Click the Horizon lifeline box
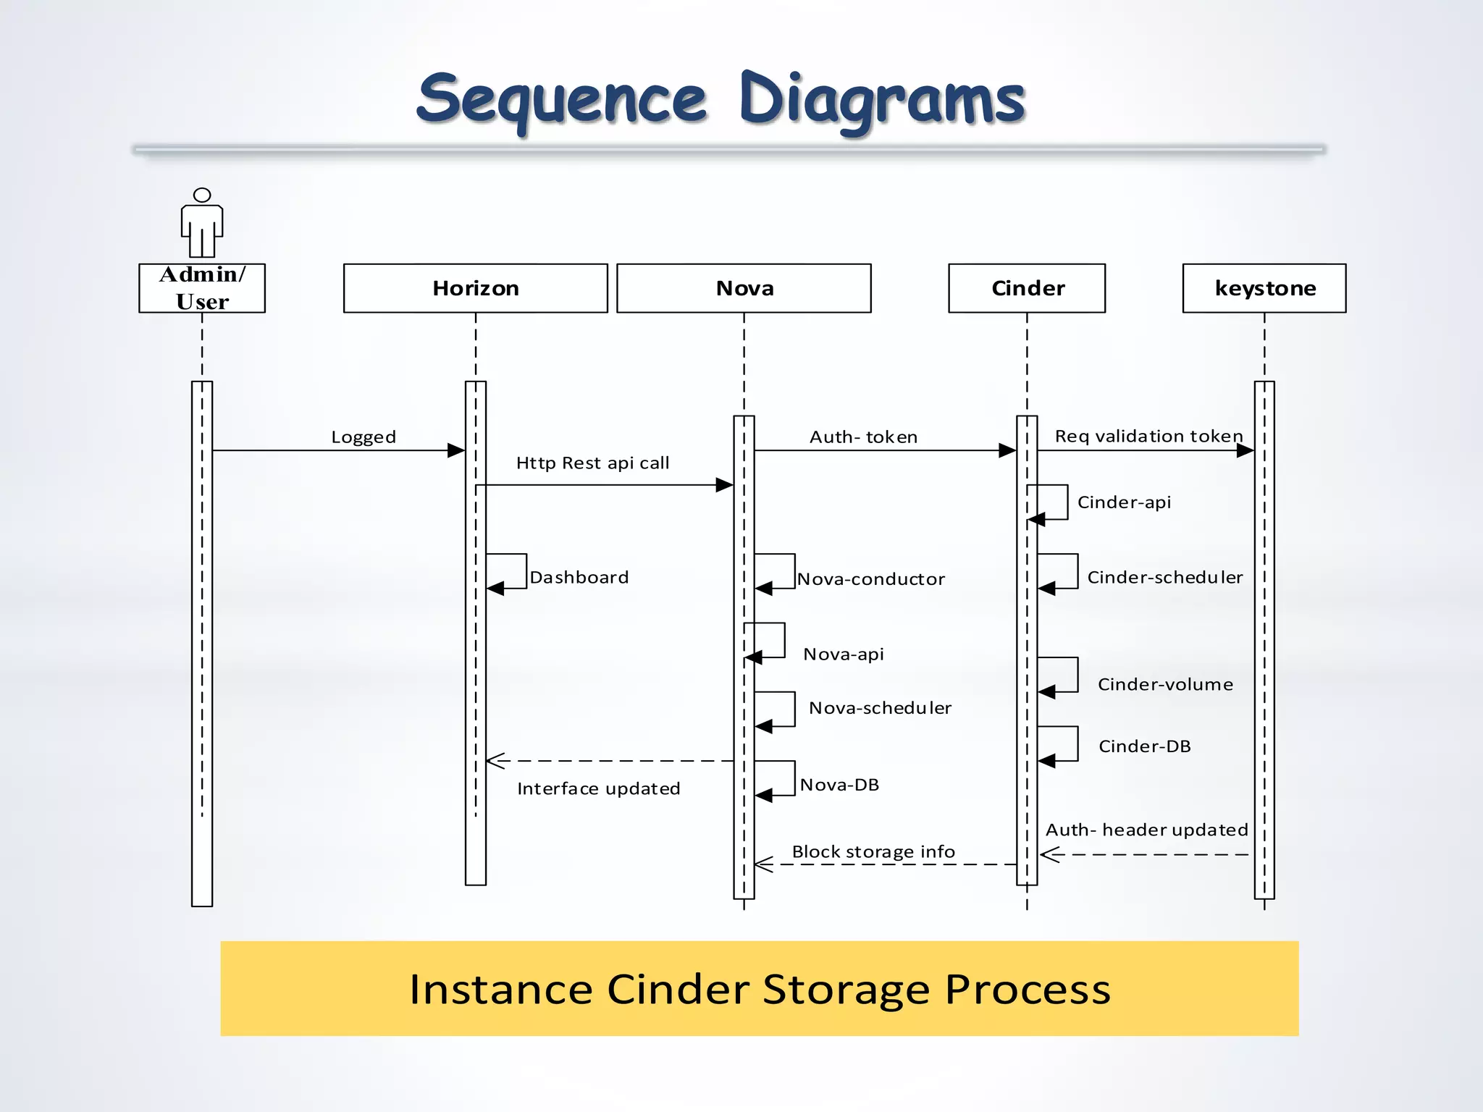[475, 288]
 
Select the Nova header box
[744, 288]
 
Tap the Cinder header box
[1027, 288]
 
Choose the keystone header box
[1264, 288]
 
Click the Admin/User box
[202, 288]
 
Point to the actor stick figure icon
[202, 223]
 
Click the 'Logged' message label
[364, 437]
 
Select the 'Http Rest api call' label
[592, 463]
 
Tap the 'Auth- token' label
[863, 437]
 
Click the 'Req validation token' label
[1148, 437]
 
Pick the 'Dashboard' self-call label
[579, 578]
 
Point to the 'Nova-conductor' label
[871, 579]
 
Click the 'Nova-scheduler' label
[880, 708]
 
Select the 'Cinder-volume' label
[1165, 685]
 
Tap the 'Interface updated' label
[599, 788]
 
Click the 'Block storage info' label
[873, 852]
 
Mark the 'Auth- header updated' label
[1147, 830]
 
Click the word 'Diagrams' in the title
[882, 100]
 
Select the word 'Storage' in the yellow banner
[846, 989]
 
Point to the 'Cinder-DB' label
[1145, 746]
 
